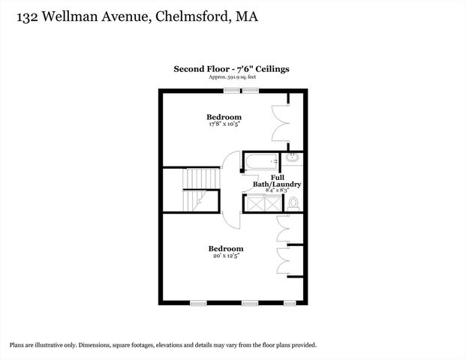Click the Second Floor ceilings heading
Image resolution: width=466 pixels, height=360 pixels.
tap(231, 69)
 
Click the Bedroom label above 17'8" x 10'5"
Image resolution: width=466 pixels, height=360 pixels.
tap(224, 117)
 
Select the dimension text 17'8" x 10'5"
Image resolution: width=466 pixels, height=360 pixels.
tap(224, 124)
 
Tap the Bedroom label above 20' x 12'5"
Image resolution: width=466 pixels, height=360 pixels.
tap(226, 248)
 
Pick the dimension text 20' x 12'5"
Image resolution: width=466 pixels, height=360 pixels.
tap(226, 256)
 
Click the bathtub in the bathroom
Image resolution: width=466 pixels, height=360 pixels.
tap(260, 160)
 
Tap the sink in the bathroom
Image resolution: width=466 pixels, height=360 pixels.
tap(291, 158)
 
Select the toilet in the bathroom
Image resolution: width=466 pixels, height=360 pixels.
tap(293, 202)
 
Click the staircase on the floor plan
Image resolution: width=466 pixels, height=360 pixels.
tap(201, 190)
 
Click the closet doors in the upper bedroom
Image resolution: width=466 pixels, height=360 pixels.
tap(280, 120)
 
